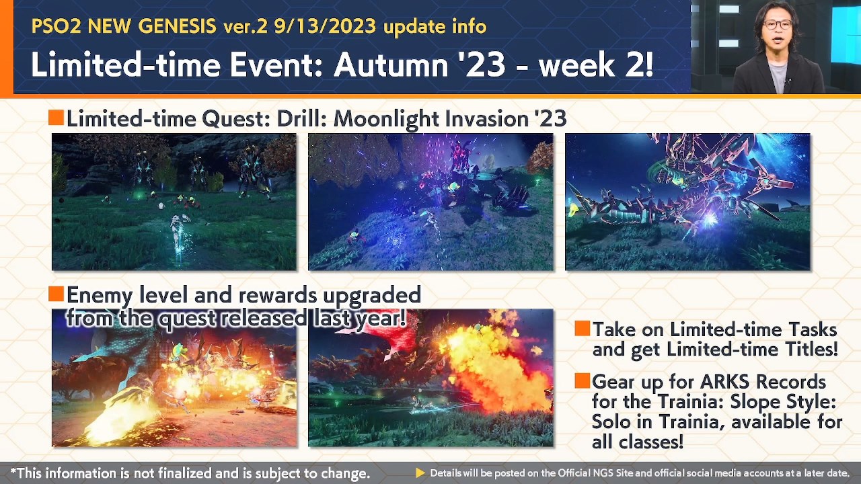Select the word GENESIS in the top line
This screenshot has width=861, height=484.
click(178, 27)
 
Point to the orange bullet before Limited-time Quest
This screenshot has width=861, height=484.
click(56, 118)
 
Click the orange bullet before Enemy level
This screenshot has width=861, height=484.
click(56, 294)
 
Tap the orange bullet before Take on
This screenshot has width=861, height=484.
click(583, 329)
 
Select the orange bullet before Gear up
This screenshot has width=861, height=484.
click(583, 381)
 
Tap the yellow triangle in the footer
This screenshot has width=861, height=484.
click(420, 473)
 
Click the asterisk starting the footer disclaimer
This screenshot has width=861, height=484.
click(13, 472)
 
